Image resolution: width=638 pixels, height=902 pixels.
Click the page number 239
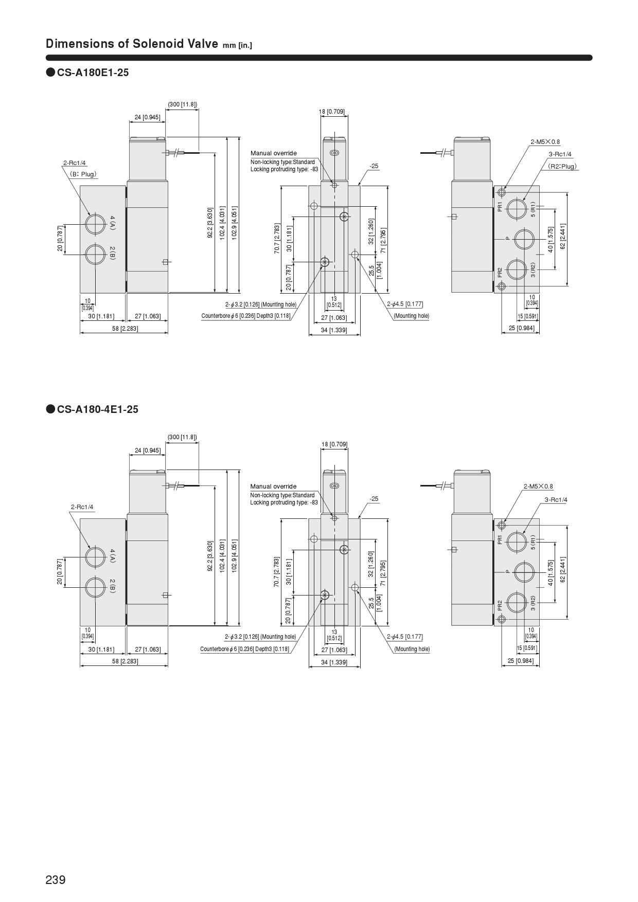[x=56, y=880]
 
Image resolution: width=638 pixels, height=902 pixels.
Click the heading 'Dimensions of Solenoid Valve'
[x=132, y=44]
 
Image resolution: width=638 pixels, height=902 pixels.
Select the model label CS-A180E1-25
[x=93, y=73]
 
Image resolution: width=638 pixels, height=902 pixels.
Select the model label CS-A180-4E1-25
[x=97, y=409]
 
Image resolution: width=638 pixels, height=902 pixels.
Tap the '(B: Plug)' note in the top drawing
[x=83, y=174]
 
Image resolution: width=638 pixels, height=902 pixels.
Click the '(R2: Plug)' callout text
[x=562, y=166]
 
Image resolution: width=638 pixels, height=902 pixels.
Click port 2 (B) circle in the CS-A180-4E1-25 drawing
[x=95, y=587]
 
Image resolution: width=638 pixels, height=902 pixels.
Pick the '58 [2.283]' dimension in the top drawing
[x=125, y=328]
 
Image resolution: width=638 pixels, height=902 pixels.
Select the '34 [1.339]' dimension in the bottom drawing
[x=334, y=662]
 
